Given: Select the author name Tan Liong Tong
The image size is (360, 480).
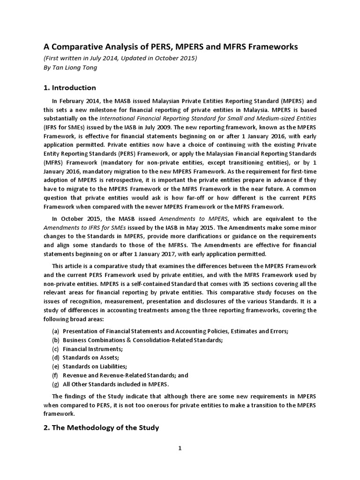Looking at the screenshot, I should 77,67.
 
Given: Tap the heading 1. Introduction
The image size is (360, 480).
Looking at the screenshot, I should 70,88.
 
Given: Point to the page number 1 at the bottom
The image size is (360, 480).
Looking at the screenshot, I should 180,448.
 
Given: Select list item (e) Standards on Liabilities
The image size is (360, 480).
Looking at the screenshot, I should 90,367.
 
